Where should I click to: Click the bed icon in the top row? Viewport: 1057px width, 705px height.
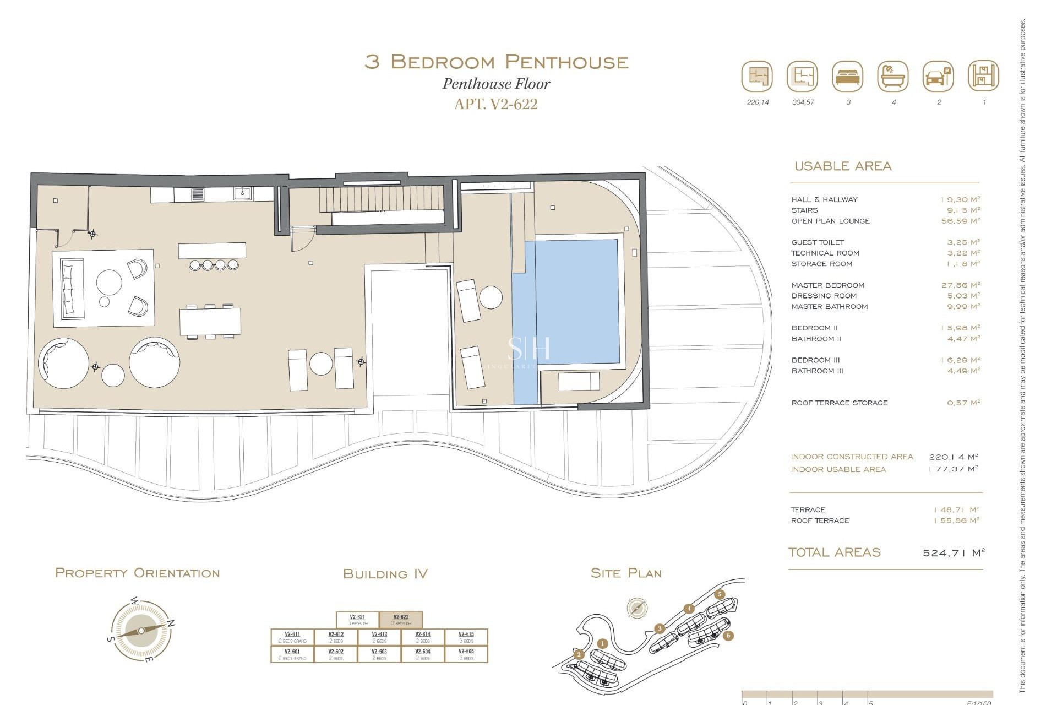tap(848, 77)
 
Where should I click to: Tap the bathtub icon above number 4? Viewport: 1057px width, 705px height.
tap(893, 77)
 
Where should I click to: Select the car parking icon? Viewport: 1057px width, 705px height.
tap(938, 77)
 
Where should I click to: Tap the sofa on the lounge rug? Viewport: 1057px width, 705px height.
tap(71, 289)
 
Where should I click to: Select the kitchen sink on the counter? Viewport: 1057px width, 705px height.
tap(242, 193)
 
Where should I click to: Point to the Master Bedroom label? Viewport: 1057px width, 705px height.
tap(827, 285)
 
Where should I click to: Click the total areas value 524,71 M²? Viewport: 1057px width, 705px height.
tap(953, 552)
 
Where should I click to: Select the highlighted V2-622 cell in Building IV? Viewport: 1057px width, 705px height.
tap(401, 620)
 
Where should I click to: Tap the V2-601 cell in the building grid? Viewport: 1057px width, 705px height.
tap(292, 654)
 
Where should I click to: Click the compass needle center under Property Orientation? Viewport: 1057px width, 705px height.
tap(141, 631)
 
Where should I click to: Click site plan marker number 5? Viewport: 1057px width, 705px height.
tap(720, 594)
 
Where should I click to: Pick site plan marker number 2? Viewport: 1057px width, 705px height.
tap(579, 654)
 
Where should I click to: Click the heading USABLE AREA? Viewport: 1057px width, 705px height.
tap(842, 166)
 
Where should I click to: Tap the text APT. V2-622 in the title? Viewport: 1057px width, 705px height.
tap(495, 104)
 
